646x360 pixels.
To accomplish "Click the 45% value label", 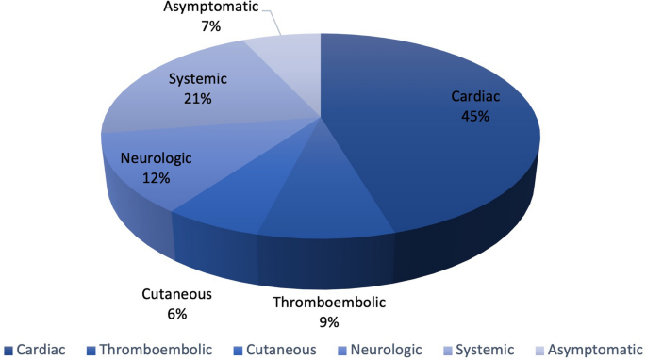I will point(473,117).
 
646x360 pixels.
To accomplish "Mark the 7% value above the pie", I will point(209,26).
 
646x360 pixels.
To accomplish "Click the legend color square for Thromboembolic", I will point(91,350).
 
